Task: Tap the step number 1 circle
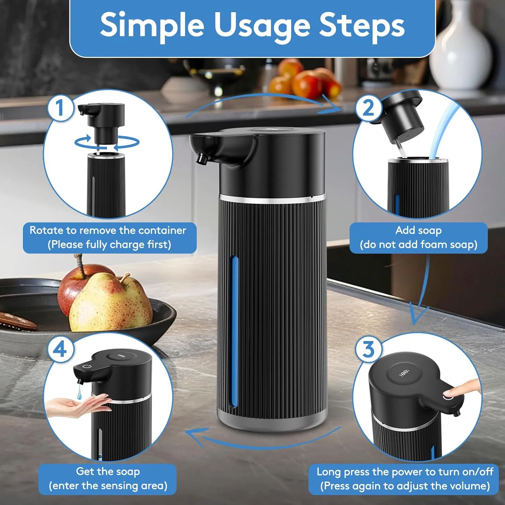60,108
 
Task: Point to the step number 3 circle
368,349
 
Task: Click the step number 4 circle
60,349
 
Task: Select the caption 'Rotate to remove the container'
108,230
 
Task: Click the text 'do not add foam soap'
418,244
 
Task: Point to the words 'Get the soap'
108,471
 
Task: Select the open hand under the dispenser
77,406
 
